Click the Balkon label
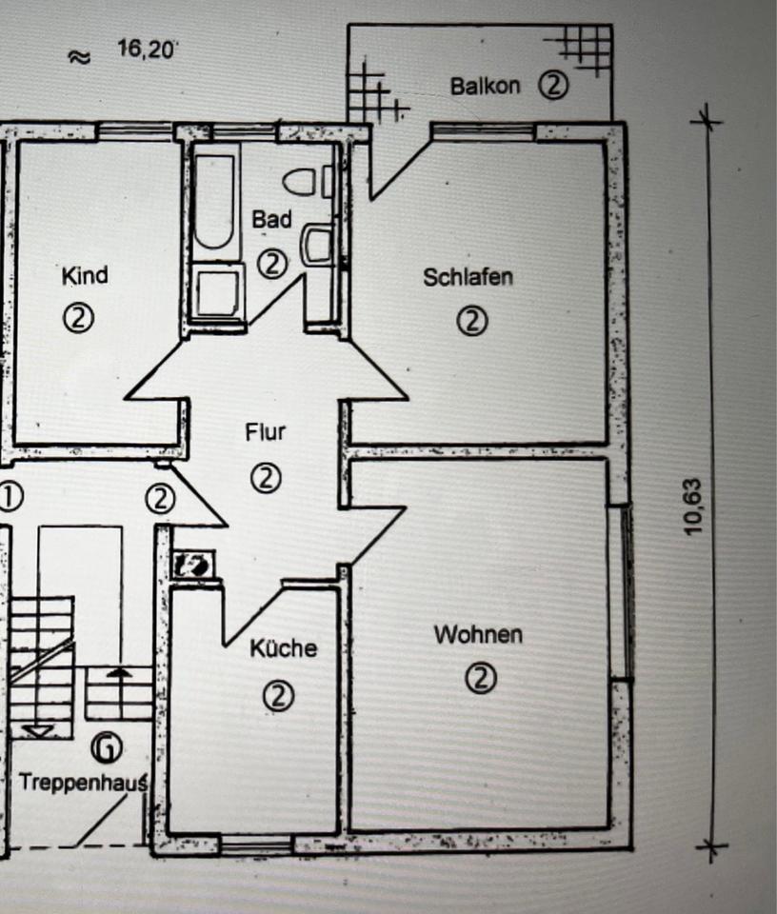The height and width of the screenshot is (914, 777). click(485, 86)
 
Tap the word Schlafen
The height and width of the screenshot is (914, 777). click(468, 278)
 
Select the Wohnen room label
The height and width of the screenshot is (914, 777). click(478, 634)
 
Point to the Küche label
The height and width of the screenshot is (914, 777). click(283, 648)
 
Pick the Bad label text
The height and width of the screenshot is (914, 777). click(271, 220)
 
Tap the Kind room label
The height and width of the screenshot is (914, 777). click(85, 276)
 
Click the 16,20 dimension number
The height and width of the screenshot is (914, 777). click(147, 49)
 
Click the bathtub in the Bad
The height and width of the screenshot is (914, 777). click(213, 203)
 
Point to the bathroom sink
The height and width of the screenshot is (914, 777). click(316, 244)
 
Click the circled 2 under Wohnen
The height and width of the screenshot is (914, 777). click(482, 679)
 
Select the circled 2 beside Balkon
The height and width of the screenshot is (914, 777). click(553, 86)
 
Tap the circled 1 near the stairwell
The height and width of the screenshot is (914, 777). click(10, 497)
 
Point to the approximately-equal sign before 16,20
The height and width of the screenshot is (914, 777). click(79, 56)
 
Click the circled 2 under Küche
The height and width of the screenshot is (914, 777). click(279, 696)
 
